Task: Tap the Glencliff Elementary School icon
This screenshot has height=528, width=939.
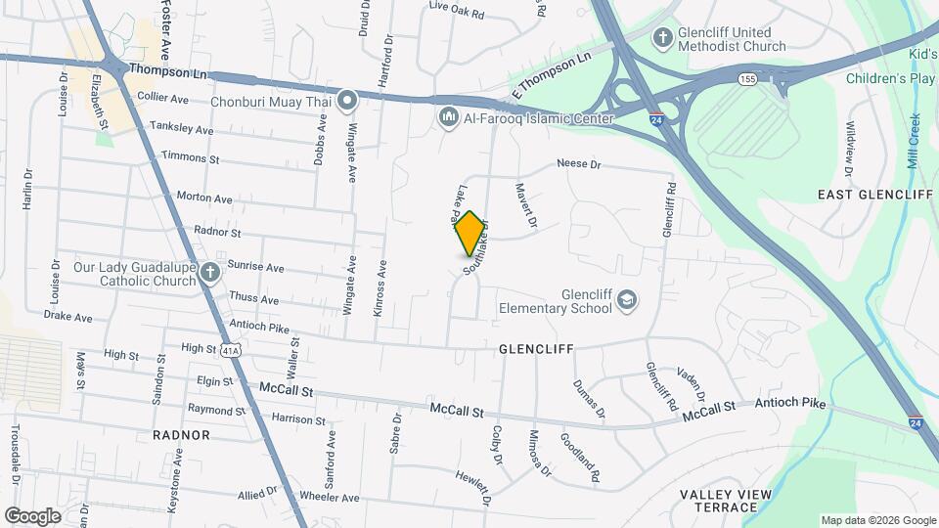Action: (626, 301)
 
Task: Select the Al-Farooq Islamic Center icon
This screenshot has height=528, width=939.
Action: (449, 118)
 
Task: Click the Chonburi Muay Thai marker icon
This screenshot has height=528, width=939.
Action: (347, 100)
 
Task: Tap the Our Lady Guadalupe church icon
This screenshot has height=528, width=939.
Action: (210, 274)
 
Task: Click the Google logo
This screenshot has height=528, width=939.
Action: (32, 515)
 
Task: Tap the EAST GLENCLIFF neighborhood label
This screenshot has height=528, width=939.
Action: (874, 196)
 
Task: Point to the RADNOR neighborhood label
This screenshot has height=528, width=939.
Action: (181, 434)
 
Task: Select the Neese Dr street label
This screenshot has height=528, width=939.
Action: (578, 164)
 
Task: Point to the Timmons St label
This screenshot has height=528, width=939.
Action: (191, 157)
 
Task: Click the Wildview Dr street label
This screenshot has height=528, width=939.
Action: (849, 144)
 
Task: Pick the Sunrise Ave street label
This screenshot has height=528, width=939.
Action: (255, 267)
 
